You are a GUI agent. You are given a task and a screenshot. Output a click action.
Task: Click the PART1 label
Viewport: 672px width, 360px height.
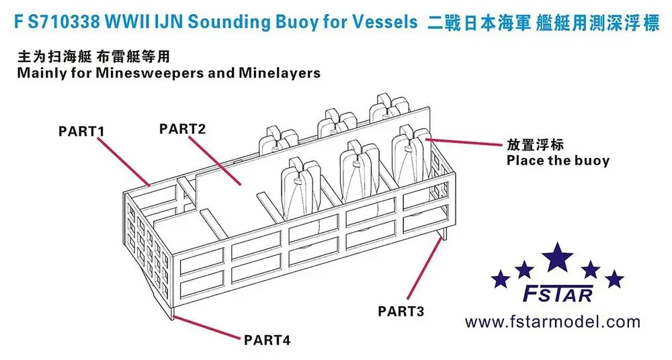click(x=83, y=131)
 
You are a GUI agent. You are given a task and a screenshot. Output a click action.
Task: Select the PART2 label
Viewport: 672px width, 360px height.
click(x=182, y=128)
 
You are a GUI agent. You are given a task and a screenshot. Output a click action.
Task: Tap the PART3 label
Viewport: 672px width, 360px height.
click(x=401, y=311)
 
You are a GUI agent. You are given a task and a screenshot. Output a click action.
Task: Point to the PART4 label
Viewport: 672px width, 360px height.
click(x=268, y=341)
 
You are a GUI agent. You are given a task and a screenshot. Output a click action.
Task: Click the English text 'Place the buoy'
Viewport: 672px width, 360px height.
click(x=558, y=161)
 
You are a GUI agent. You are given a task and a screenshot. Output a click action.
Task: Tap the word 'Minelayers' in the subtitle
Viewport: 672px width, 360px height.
click(x=279, y=73)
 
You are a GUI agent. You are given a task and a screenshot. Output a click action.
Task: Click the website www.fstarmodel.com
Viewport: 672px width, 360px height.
click(x=553, y=322)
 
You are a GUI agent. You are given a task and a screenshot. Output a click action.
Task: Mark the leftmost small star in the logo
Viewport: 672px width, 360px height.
click(x=500, y=277)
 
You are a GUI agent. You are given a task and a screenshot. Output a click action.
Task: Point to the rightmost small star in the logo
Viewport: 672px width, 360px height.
click(x=614, y=277)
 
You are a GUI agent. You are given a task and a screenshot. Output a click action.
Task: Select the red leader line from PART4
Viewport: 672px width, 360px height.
click(x=208, y=325)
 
